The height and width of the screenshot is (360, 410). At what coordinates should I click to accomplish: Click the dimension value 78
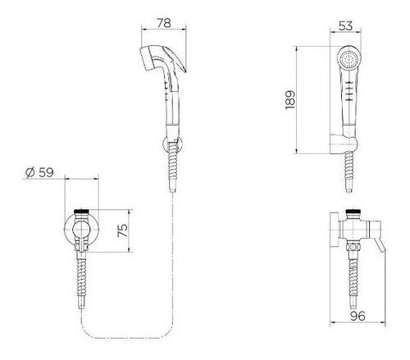coord(164,23)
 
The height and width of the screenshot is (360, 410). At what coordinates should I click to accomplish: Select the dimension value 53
coord(346,26)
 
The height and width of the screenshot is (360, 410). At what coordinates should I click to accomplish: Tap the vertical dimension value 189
coord(290,100)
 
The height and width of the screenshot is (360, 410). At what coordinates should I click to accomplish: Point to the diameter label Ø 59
coord(39,172)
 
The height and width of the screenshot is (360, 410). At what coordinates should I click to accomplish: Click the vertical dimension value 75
coord(122,230)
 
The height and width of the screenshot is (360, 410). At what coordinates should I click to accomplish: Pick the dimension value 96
coord(358,316)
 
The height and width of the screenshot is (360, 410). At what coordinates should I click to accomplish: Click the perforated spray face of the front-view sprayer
coord(348,58)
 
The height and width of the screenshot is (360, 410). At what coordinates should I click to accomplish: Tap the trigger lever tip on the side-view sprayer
coord(185,71)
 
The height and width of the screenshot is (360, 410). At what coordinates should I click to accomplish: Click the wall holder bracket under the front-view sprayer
coord(343,144)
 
